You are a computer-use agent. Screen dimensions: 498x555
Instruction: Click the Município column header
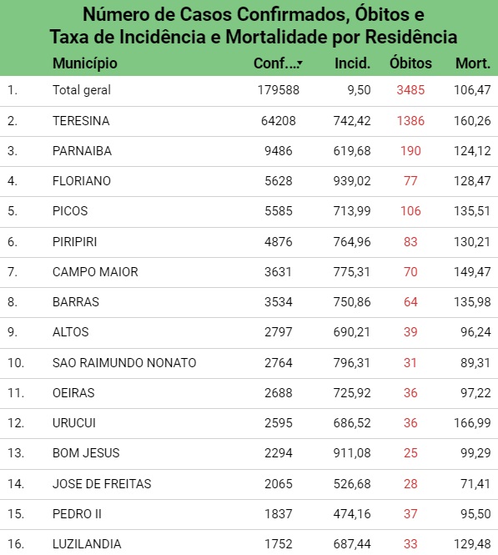point(85,63)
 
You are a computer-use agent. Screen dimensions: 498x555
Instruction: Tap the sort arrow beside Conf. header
point(300,63)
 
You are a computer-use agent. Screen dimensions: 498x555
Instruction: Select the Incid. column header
point(352,63)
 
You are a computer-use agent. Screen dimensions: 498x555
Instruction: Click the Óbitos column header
point(410,63)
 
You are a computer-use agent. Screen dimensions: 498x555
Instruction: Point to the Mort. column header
point(473,63)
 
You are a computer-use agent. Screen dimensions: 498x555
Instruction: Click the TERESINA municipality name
point(81,121)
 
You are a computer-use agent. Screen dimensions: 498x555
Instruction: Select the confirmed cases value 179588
point(279,90)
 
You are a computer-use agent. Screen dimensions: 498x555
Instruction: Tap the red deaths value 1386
point(410,121)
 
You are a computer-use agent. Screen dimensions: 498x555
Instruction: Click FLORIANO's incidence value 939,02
point(352,181)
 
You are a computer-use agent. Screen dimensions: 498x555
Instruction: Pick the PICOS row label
point(70,211)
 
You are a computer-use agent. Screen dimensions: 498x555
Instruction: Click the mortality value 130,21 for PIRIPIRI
point(472,242)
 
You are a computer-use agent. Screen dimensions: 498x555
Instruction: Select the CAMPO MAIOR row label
point(95,272)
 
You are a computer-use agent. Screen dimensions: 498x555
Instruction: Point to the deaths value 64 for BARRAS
point(410,302)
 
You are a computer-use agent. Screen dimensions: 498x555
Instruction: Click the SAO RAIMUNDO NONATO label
point(124,363)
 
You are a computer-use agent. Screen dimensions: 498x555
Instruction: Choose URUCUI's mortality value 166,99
point(472,423)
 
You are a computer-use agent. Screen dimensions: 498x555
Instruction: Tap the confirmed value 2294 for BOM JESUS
point(279,453)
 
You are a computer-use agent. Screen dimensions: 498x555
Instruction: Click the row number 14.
point(16,484)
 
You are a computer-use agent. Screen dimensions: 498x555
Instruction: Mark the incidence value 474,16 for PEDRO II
point(352,514)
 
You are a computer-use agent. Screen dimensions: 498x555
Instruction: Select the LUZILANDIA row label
point(87,544)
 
